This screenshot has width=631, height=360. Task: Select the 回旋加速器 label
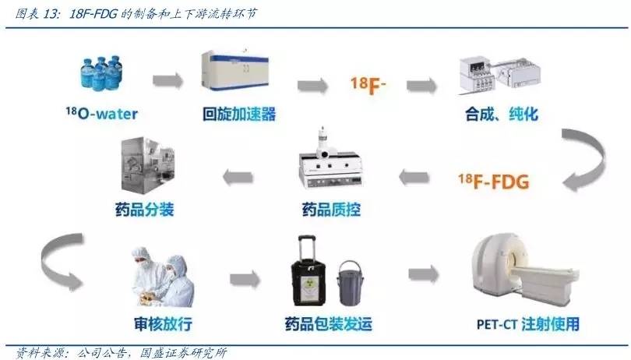[x=238, y=115]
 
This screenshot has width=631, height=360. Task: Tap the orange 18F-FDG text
[x=494, y=182]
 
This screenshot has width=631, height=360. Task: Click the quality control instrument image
[x=329, y=167]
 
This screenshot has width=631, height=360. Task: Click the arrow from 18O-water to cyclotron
[x=167, y=79]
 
